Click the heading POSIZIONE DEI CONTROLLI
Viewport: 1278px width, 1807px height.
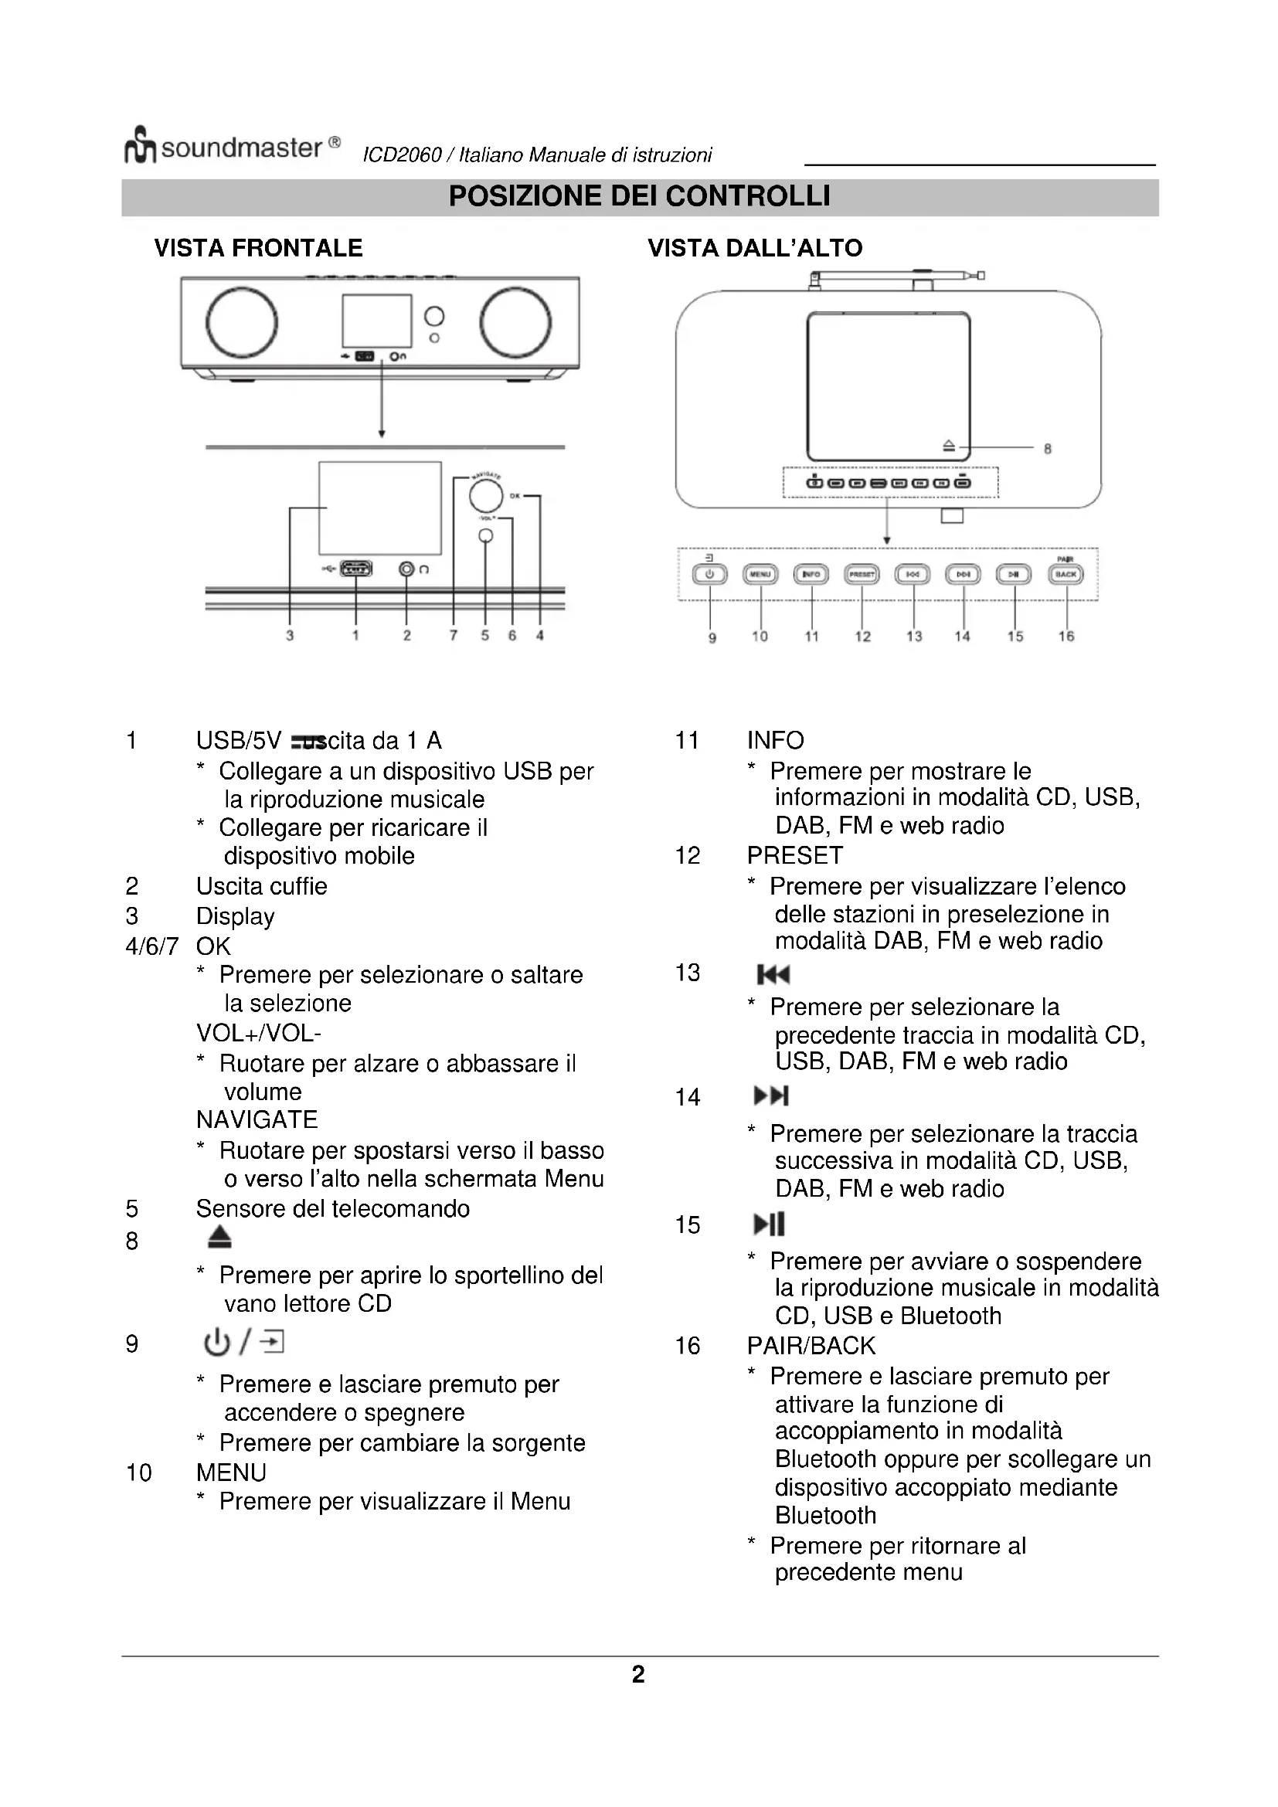[x=639, y=196]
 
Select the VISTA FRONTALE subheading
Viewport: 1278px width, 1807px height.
[x=258, y=248]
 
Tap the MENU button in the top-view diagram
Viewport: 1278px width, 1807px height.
[x=760, y=575]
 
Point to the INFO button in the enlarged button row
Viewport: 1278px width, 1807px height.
[x=811, y=575]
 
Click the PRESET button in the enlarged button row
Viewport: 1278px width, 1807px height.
[x=862, y=575]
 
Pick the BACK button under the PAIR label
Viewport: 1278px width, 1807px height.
[x=1066, y=575]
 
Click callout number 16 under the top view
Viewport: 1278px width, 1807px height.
[x=1066, y=636]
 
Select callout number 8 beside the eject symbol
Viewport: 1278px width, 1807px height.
[x=1048, y=449]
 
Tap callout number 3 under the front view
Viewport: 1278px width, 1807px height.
[x=290, y=635]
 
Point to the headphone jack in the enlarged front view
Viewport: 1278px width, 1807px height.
[x=406, y=569]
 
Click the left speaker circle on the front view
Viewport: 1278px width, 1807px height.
[x=242, y=322]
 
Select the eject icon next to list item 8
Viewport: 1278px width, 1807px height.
[x=219, y=1237]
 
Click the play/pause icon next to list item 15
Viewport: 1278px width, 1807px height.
[x=769, y=1224]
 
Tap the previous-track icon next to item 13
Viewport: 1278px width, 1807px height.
[x=773, y=975]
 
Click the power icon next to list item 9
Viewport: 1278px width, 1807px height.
[x=216, y=1342]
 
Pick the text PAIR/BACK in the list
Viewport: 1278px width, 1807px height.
[x=811, y=1346]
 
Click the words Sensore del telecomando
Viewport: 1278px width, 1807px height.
[x=332, y=1208]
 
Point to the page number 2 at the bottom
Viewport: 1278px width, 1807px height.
[x=638, y=1674]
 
